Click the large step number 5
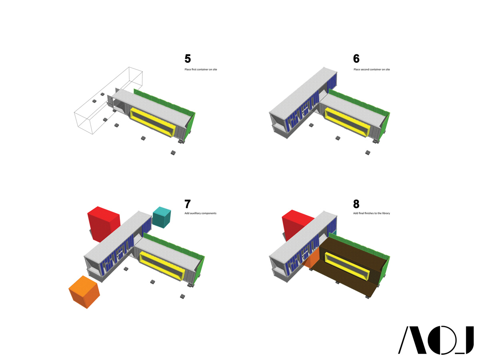coord(188,58)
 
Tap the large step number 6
coord(356,58)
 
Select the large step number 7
coord(188,204)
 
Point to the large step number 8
coord(356,204)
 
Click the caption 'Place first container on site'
coord(200,70)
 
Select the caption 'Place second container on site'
coord(372,70)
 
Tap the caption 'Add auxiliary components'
coord(200,213)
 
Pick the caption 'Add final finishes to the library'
coord(371,213)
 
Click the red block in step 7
coord(103,223)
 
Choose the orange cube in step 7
coord(84,292)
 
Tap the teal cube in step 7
coord(162,217)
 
